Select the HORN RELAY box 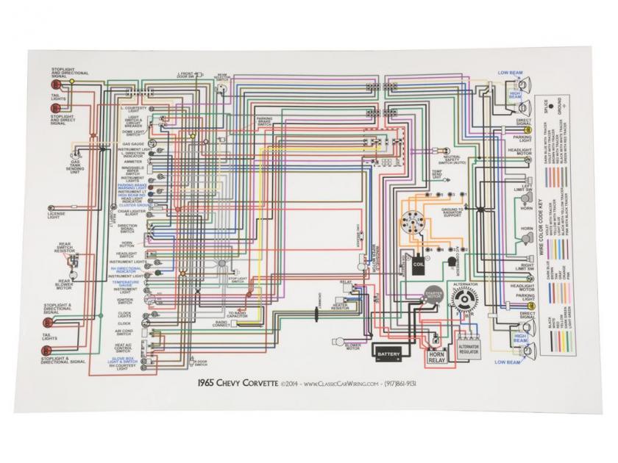[x=437, y=356]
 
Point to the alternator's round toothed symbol [x=466, y=301]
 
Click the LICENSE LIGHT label [x=57, y=214]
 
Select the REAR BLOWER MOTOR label [x=59, y=277]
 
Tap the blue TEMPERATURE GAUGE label [x=127, y=282]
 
